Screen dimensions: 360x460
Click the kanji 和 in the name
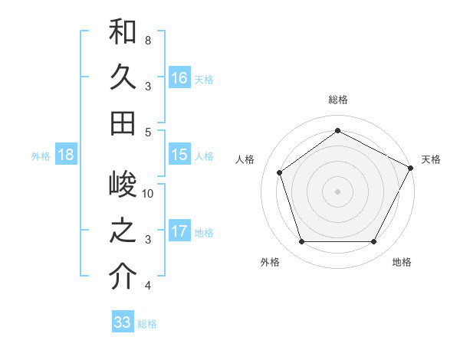point(123,32)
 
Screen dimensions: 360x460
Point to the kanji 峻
point(123,186)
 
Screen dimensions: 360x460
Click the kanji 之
point(123,232)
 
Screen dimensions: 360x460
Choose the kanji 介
point(123,277)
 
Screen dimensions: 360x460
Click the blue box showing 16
point(179,78)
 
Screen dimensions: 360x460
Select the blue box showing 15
point(179,155)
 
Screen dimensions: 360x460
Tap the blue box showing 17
point(179,231)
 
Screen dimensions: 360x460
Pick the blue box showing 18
point(65,155)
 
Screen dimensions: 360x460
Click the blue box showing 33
point(122,322)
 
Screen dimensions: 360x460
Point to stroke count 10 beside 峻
point(148,194)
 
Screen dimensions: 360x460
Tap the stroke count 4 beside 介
point(147,286)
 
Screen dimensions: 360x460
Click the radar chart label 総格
point(337,100)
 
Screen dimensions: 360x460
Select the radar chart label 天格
point(432,159)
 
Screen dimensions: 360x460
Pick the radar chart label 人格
point(245,159)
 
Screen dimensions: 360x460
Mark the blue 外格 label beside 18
point(41,155)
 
